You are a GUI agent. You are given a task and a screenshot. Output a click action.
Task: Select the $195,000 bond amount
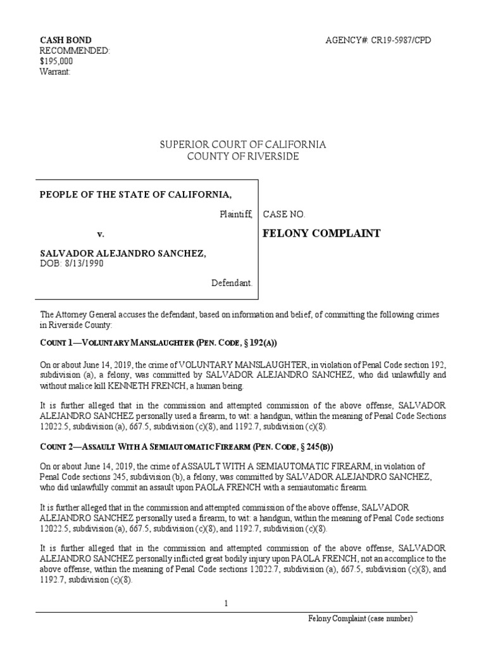point(56,61)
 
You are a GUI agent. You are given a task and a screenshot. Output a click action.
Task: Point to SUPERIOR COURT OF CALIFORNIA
point(243,145)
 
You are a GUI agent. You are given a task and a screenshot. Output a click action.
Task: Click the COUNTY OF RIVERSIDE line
point(243,156)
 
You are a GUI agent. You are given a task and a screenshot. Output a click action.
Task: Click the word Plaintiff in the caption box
point(235,215)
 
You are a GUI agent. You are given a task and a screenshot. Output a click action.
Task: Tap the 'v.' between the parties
point(99,234)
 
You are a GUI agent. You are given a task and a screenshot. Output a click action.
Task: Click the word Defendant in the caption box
point(232,283)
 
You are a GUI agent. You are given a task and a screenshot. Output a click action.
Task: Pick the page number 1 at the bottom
point(226,604)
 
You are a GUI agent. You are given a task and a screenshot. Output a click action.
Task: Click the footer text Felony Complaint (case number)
point(361,618)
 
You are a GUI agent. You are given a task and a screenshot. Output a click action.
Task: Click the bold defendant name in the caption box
point(122,253)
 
